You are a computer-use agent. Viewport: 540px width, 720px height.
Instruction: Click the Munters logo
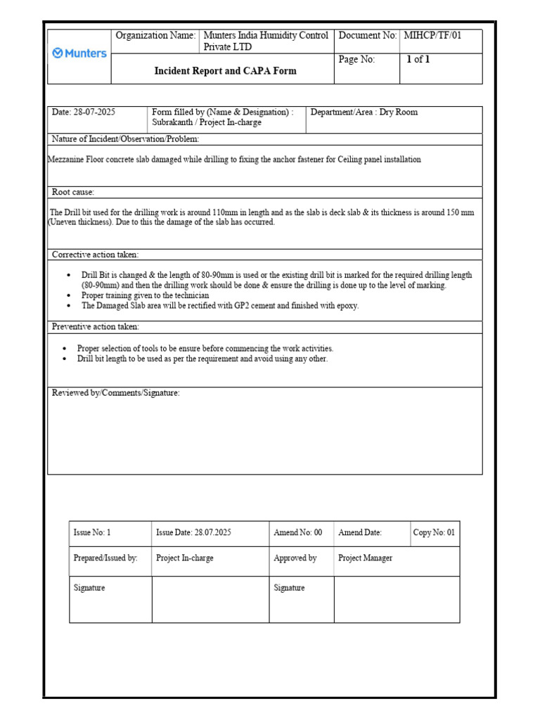(79, 53)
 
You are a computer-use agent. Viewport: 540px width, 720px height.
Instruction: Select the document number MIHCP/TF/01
(432, 36)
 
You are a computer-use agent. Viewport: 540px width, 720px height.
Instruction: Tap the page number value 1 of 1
(418, 60)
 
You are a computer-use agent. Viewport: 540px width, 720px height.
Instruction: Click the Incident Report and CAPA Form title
(225, 71)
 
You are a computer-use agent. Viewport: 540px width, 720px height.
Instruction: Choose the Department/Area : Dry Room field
(364, 112)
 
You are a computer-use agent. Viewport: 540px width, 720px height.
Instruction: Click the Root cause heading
(73, 193)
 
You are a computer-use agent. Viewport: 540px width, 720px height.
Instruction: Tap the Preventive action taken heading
(96, 327)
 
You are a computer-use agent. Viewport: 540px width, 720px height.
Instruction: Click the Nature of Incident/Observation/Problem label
(125, 139)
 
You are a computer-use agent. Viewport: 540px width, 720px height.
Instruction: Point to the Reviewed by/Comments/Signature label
(115, 393)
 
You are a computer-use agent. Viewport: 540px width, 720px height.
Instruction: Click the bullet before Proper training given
(68, 296)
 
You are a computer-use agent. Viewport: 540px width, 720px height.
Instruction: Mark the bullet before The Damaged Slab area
(68, 306)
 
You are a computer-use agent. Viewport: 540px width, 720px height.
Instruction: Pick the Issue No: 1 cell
(92, 533)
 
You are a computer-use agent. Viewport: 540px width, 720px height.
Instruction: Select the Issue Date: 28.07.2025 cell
(193, 533)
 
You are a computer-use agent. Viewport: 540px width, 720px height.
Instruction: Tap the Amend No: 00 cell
(298, 533)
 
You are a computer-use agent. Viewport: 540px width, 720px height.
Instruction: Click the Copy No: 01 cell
(434, 533)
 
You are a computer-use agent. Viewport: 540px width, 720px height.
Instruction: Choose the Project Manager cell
(366, 558)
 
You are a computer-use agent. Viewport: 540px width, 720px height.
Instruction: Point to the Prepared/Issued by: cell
(105, 558)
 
